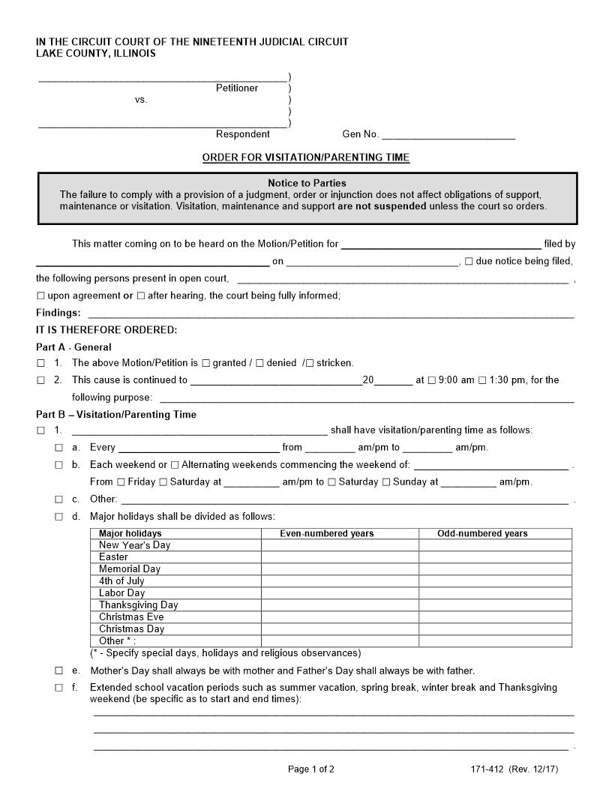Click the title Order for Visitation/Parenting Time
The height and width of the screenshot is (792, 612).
[306, 157]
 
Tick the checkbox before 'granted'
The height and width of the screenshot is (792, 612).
[206, 363]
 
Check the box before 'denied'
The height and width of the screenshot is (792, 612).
[259, 363]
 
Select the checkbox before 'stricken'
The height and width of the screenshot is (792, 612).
[310, 363]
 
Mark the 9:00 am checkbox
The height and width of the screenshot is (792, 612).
[431, 380]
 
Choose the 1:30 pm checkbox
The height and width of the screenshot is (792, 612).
[481, 380]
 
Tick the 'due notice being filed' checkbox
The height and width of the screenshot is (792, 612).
[469, 262]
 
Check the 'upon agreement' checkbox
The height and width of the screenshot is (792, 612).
[41, 296]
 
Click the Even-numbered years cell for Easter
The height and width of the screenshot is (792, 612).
[340, 557]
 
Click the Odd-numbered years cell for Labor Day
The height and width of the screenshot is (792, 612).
[495, 593]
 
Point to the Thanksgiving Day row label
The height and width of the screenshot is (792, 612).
[139, 605]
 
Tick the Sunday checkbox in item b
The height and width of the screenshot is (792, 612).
[386, 482]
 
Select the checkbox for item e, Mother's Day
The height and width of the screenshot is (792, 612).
[58, 670]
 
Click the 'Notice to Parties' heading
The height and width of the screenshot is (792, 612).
[307, 183]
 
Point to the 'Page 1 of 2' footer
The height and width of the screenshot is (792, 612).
[311, 769]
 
